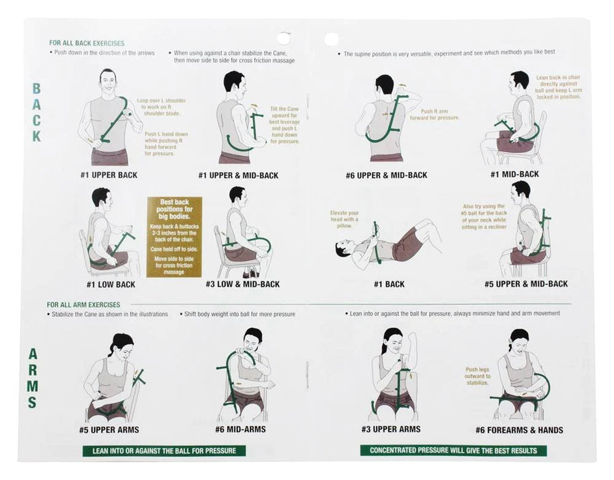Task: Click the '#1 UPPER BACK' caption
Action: (x=108, y=175)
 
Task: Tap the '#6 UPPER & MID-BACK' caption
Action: (x=386, y=175)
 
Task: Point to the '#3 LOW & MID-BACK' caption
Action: (x=242, y=284)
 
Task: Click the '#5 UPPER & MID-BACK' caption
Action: (x=526, y=284)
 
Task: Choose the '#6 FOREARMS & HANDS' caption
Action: (x=519, y=430)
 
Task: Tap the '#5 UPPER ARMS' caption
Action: (x=109, y=430)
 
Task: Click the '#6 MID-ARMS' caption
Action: (x=241, y=429)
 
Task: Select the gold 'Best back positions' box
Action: (x=175, y=237)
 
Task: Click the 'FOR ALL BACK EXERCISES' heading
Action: (x=87, y=42)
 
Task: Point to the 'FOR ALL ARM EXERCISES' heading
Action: (x=84, y=304)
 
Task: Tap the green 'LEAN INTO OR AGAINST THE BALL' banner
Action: (x=164, y=451)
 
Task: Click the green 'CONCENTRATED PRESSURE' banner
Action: (x=453, y=451)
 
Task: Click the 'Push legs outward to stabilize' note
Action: (x=478, y=376)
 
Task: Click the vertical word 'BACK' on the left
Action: (x=36, y=112)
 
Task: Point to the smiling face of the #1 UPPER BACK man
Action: (x=107, y=83)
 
